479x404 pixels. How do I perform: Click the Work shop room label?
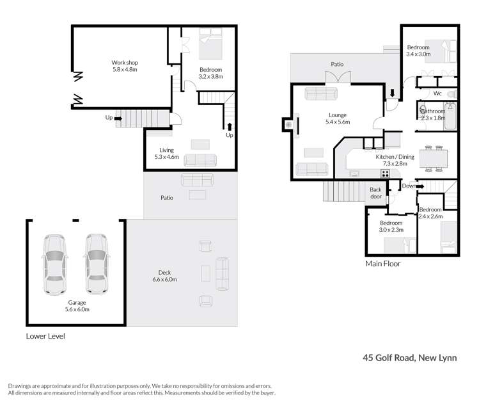pos(125,66)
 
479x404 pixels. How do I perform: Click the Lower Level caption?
pos(45,335)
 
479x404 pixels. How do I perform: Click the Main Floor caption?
pos(382,263)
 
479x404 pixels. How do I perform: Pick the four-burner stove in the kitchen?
pos(386,173)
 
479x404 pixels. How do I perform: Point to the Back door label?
pos(375,193)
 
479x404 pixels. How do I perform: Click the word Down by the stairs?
pos(409,186)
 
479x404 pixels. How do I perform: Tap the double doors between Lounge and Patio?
pos(337,78)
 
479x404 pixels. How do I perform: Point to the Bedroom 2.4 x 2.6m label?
pos(430,213)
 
